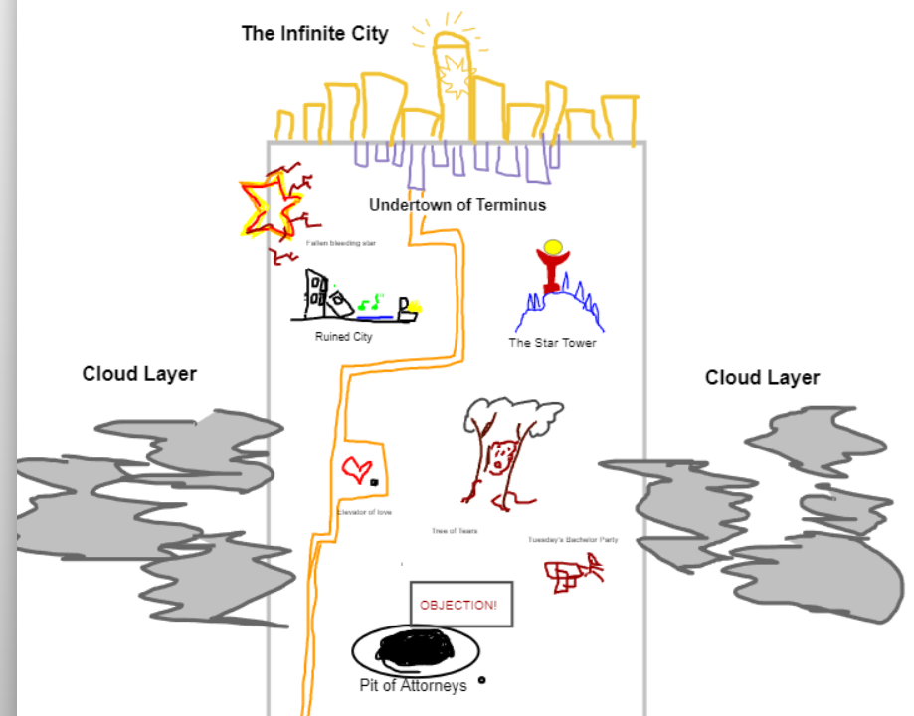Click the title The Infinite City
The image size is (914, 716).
tap(314, 34)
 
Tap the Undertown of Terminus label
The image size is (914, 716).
tap(457, 205)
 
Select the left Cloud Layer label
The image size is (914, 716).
tap(139, 374)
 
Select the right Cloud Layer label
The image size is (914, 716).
tap(762, 378)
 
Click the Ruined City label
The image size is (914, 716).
tap(344, 337)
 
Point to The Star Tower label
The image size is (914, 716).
tap(552, 343)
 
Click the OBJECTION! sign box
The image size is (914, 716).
tap(460, 605)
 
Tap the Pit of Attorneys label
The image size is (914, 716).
tap(413, 686)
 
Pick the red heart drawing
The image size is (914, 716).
tap(356, 468)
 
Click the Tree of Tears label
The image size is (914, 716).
tap(454, 531)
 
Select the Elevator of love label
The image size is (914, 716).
tap(365, 512)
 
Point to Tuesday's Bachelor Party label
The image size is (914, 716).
tap(573, 540)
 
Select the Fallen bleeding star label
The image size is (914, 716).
tap(341, 242)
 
